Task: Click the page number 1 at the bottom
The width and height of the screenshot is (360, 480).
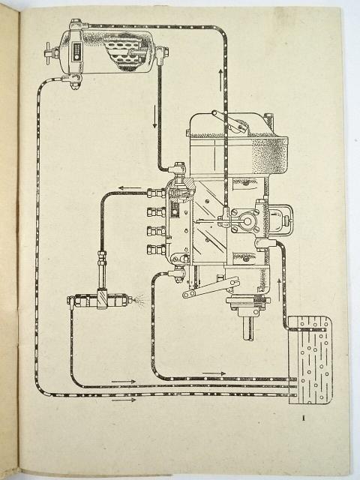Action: coord(303,418)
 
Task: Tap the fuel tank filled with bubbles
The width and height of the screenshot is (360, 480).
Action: coord(310,361)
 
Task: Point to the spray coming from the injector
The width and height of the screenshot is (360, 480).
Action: coord(139,298)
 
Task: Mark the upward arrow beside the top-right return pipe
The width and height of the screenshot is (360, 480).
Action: coord(220,80)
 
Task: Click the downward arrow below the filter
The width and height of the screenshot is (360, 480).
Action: coord(155,116)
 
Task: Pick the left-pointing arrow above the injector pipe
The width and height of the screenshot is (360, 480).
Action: coord(130,187)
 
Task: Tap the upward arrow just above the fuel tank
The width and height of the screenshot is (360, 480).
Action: coord(279,289)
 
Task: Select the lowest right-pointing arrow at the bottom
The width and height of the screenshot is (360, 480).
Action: coord(123,400)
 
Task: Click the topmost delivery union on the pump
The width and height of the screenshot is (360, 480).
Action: coord(156,193)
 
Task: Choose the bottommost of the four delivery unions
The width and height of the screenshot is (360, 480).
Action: coord(156,250)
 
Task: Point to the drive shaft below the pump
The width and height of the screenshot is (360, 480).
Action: coord(248,328)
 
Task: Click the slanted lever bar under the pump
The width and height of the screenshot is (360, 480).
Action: coord(211,286)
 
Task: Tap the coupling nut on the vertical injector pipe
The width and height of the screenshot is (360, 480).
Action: coord(102,255)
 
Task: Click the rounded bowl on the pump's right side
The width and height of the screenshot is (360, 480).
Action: coord(280,219)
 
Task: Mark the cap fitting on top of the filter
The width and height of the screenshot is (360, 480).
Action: coord(75,23)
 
